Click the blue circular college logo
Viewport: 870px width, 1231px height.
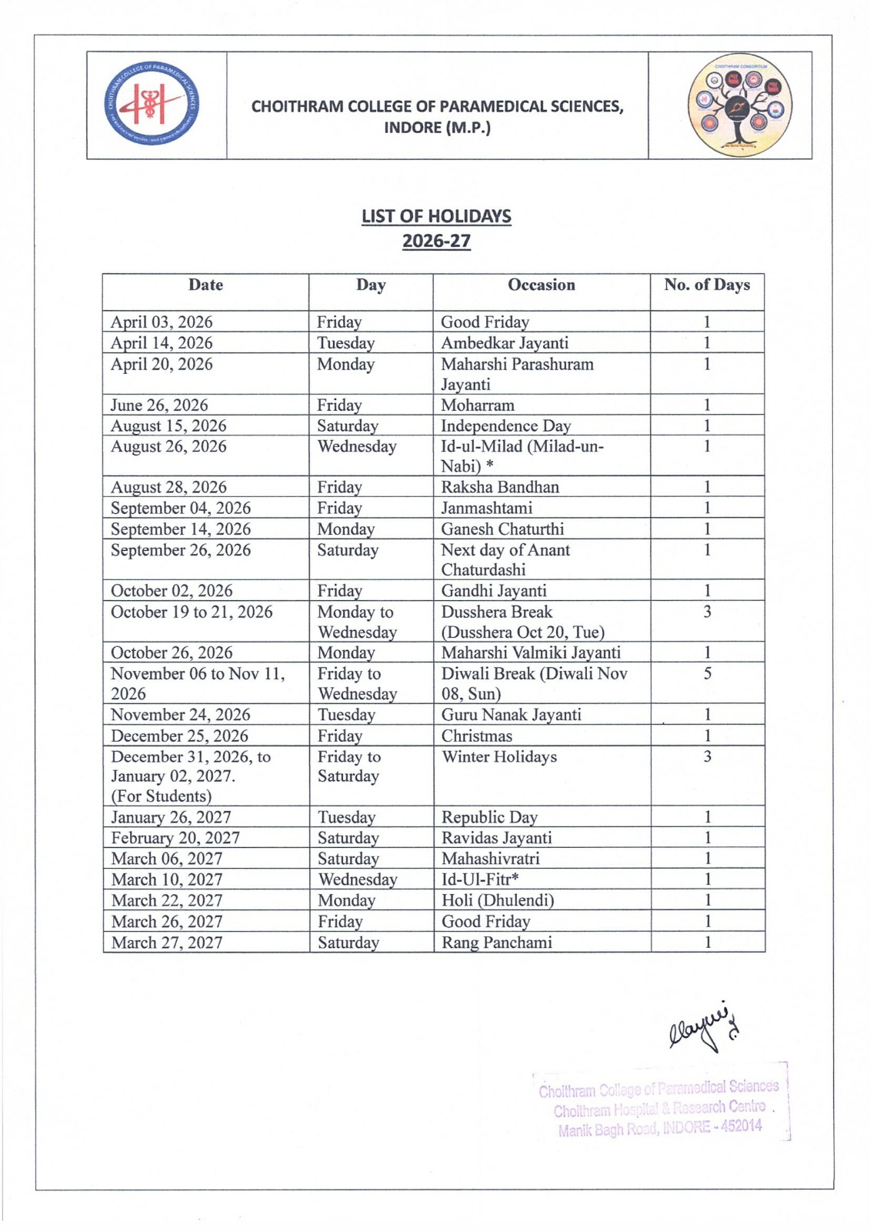coord(152,105)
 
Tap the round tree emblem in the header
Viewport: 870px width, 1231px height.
coord(739,105)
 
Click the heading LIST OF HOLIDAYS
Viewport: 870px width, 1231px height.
coord(436,216)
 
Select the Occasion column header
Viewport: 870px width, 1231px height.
coord(541,285)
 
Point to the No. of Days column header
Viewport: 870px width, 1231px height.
coord(707,285)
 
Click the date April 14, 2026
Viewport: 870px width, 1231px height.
coord(162,343)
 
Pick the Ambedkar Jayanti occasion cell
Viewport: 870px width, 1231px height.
coord(505,343)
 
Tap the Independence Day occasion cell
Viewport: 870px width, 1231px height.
coord(505,426)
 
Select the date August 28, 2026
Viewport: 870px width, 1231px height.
coord(168,487)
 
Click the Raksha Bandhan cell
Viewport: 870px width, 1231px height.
coord(500,487)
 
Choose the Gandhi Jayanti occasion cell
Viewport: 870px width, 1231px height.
coord(494,591)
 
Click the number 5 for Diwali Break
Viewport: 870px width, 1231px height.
coord(707,674)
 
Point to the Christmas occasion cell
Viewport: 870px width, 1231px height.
coord(477,736)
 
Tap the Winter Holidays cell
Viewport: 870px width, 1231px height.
coord(499,757)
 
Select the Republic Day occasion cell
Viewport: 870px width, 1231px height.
coord(489,817)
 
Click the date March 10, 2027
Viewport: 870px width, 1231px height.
coord(167,879)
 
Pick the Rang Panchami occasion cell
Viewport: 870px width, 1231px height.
coord(497,942)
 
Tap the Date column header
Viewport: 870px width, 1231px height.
coord(205,285)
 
